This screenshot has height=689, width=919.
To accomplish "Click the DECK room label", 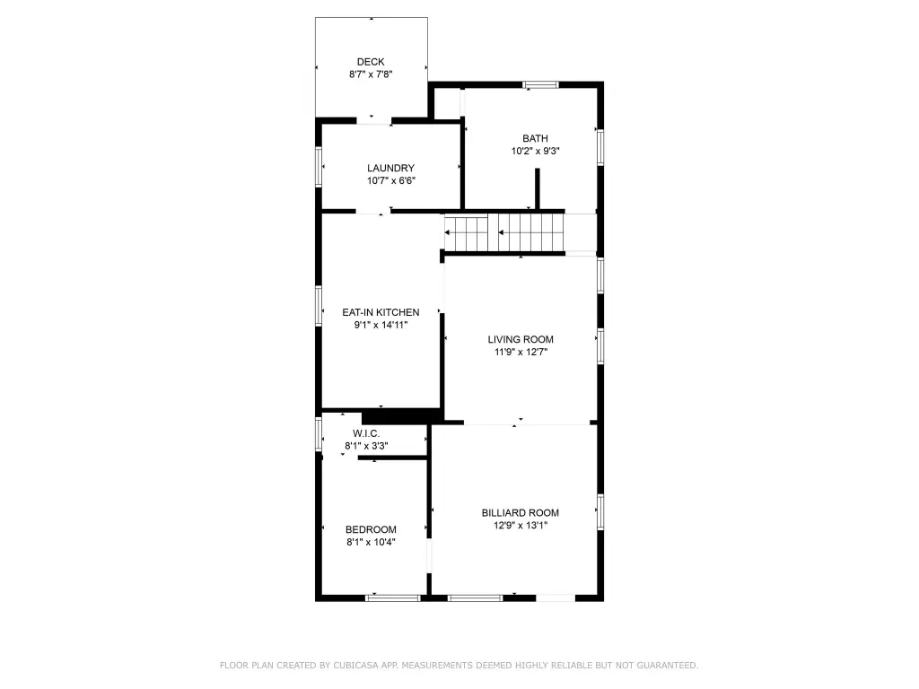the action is [371, 62].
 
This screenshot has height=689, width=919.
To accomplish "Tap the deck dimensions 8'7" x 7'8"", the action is [371, 74].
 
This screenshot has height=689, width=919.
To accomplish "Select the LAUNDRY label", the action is [390, 168].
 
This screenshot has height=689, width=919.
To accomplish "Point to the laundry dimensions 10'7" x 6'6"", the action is [391, 181].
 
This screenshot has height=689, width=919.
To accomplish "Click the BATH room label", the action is [535, 138].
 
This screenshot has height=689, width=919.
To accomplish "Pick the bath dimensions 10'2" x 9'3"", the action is [535, 151].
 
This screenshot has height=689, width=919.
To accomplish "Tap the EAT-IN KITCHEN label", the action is [381, 312].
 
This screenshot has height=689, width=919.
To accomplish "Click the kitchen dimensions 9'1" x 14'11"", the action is [381, 325].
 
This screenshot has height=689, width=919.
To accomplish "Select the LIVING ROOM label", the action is [521, 339].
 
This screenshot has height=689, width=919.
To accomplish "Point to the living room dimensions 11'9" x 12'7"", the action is [521, 352].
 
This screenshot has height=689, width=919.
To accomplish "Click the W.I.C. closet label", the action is [366, 433].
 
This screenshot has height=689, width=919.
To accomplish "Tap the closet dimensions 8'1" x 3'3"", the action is [366, 446].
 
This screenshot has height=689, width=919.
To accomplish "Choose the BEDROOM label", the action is [371, 529].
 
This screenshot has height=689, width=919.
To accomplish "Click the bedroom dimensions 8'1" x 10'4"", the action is [371, 543].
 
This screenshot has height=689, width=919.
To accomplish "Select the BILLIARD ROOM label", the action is [520, 512].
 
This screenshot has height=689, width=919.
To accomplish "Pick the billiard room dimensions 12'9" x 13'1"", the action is [520, 526].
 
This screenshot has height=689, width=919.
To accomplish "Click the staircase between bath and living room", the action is [504, 232].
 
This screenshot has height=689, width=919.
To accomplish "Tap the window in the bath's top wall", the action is [540, 85].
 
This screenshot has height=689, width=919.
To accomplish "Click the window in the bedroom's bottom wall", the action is [393, 598].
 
